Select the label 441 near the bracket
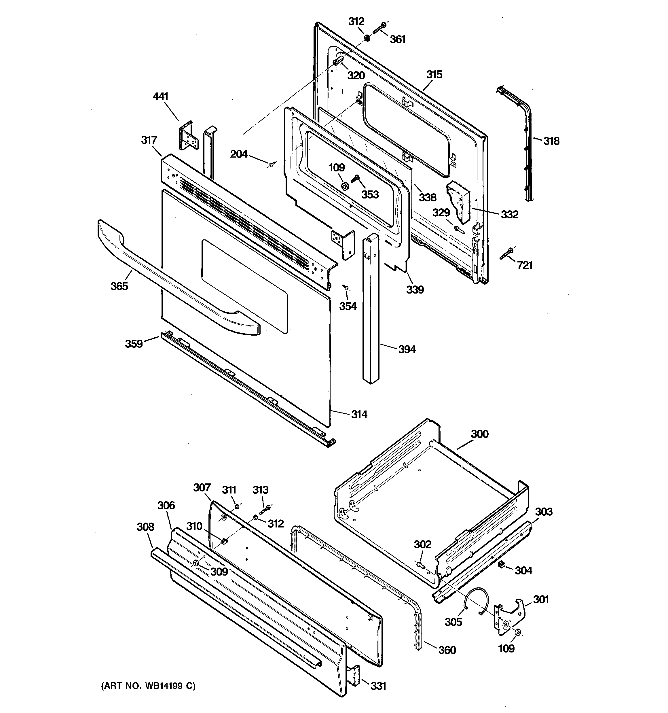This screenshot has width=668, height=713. (x=160, y=97)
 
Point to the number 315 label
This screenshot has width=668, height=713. (x=434, y=75)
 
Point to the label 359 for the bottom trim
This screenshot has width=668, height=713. (x=134, y=344)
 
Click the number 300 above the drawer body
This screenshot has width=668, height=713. (x=479, y=434)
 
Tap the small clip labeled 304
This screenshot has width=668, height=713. (x=502, y=565)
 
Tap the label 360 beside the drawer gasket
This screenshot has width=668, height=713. (x=447, y=650)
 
